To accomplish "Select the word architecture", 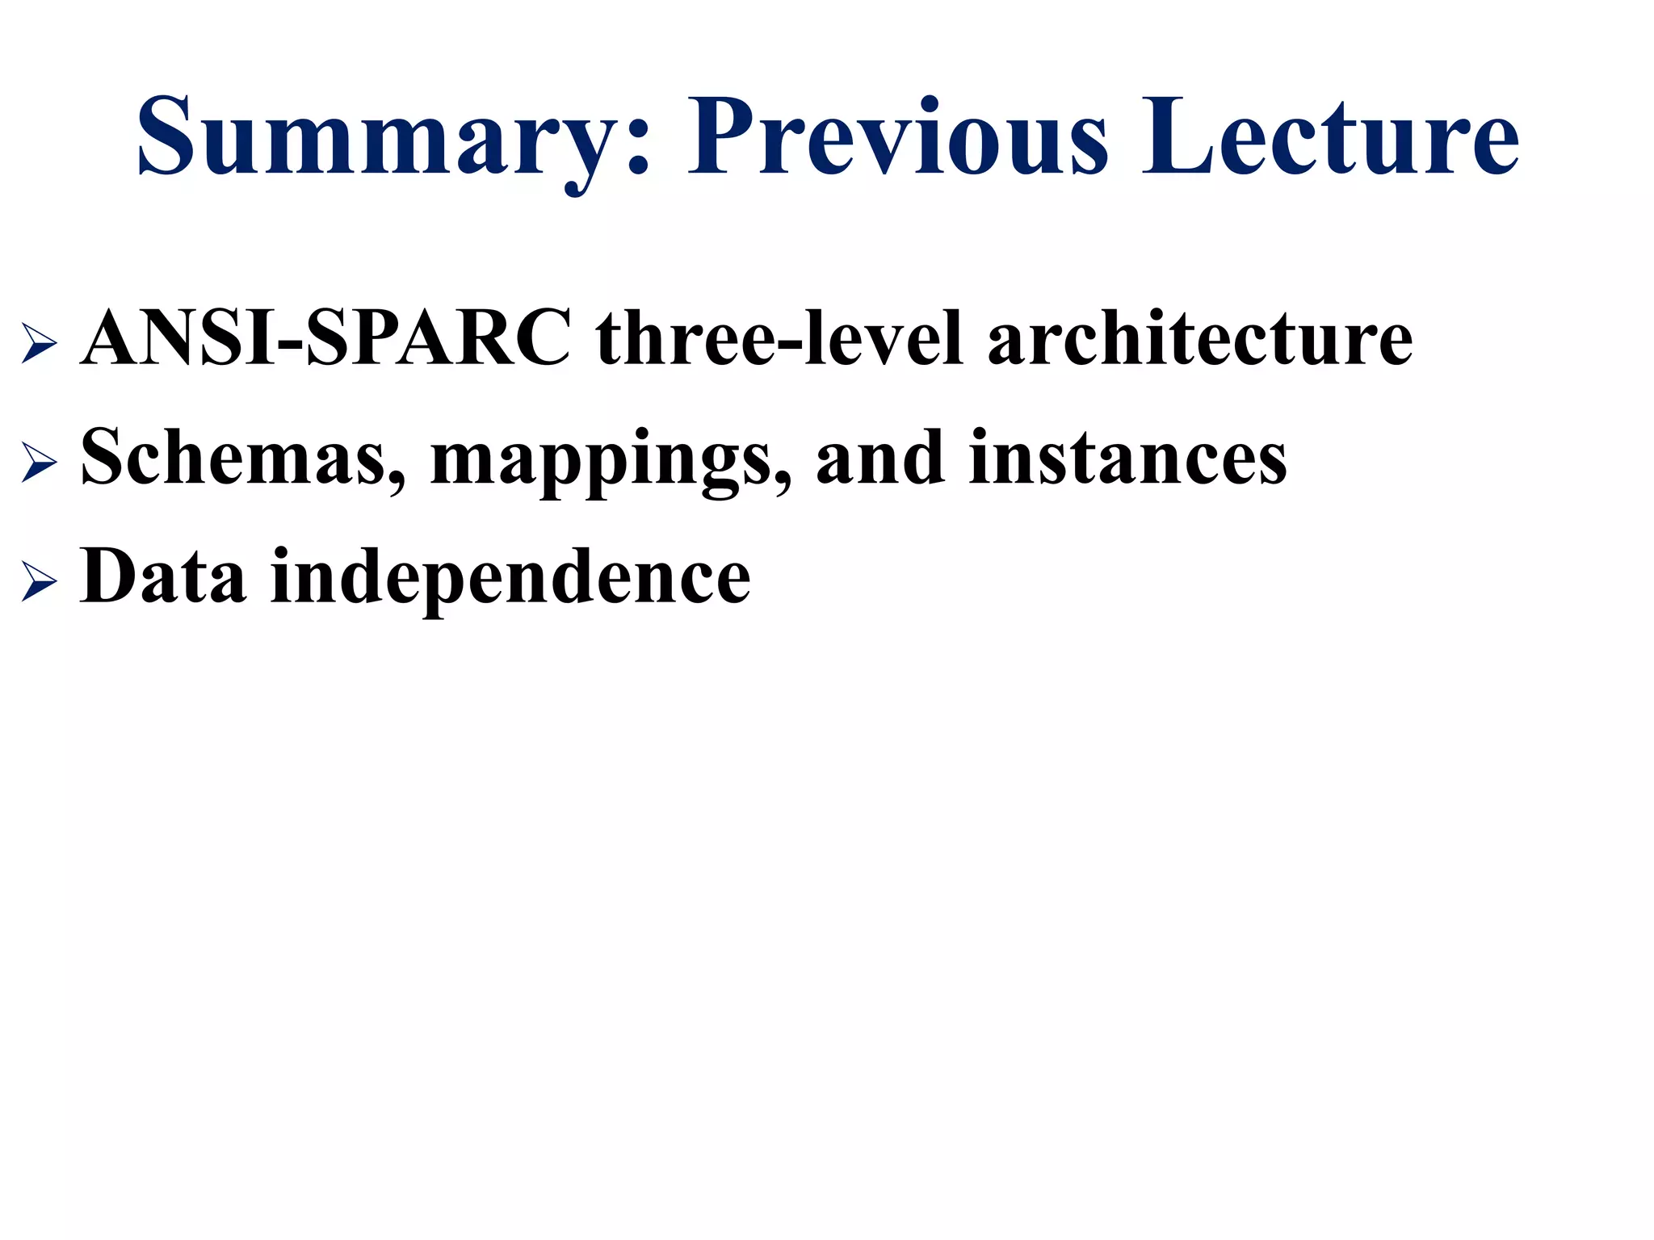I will pos(1200,339).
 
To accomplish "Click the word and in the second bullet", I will pos(879,458).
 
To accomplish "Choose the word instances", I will pos(1127,458).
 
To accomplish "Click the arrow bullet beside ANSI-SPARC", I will pos(40,343).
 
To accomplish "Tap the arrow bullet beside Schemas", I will pos(40,463).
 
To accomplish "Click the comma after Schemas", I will pos(397,484).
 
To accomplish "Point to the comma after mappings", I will pos(782,484).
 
